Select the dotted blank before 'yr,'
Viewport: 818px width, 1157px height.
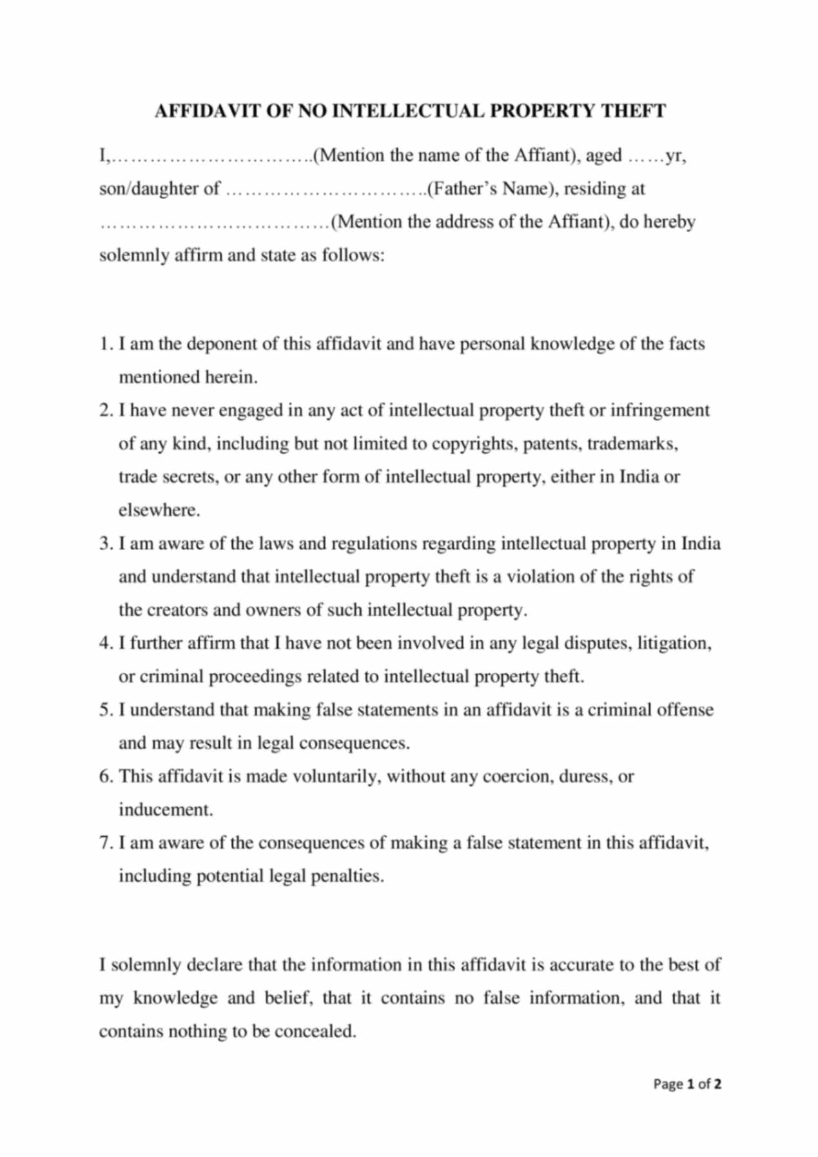click(x=646, y=156)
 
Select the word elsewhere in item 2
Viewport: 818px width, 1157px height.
click(x=159, y=511)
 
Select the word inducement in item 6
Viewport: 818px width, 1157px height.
click(x=165, y=810)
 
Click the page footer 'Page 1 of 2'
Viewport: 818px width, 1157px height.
click(x=687, y=1084)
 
